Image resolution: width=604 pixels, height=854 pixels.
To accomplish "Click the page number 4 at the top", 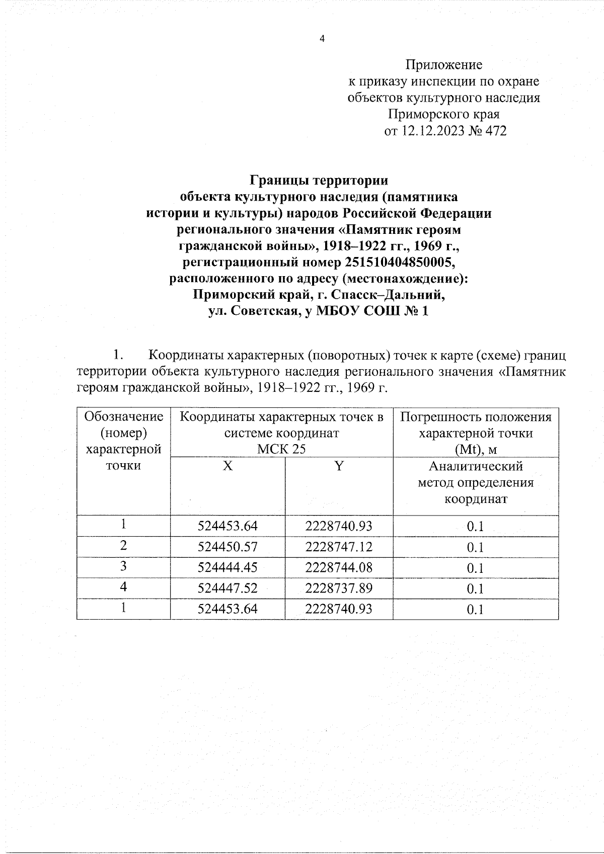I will [x=322, y=39].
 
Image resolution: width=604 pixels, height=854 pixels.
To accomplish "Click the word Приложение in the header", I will [x=444, y=64].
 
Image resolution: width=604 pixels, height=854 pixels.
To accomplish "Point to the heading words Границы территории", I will [x=320, y=180].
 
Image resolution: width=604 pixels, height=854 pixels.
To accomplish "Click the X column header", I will [x=228, y=466].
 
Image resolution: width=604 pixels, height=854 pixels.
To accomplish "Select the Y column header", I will [x=339, y=466].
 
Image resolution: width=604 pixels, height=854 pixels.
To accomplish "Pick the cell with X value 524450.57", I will [x=228, y=547].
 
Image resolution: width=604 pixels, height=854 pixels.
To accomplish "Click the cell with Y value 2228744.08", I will [x=339, y=568].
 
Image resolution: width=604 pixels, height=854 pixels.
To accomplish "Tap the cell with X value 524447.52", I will [x=228, y=588].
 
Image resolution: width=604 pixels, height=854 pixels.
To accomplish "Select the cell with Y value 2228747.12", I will [x=339, y=547].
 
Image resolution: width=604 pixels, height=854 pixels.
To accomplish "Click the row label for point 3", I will [x=124, y=567].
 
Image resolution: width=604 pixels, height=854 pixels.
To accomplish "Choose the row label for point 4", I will [x=124, y=587].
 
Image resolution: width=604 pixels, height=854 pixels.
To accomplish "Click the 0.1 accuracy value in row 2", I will [x=475, y=547].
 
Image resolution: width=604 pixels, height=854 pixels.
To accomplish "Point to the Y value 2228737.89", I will [x=339, y=588].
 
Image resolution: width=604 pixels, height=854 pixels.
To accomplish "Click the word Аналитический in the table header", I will [x=476, y=466].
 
